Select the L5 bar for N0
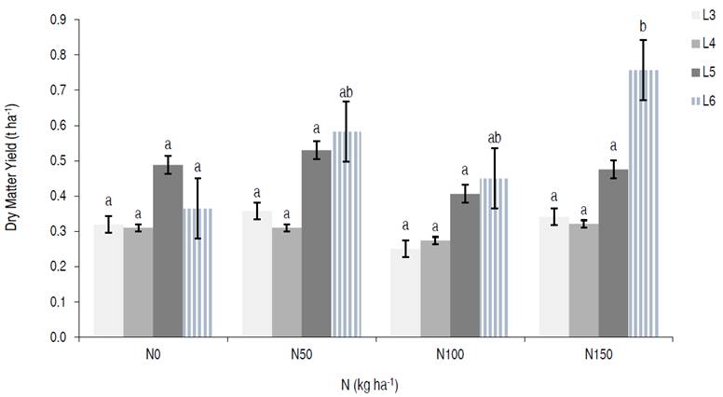tap(168, 251)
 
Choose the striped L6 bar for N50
tap(347, 234)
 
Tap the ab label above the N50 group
tap(347, 92)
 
